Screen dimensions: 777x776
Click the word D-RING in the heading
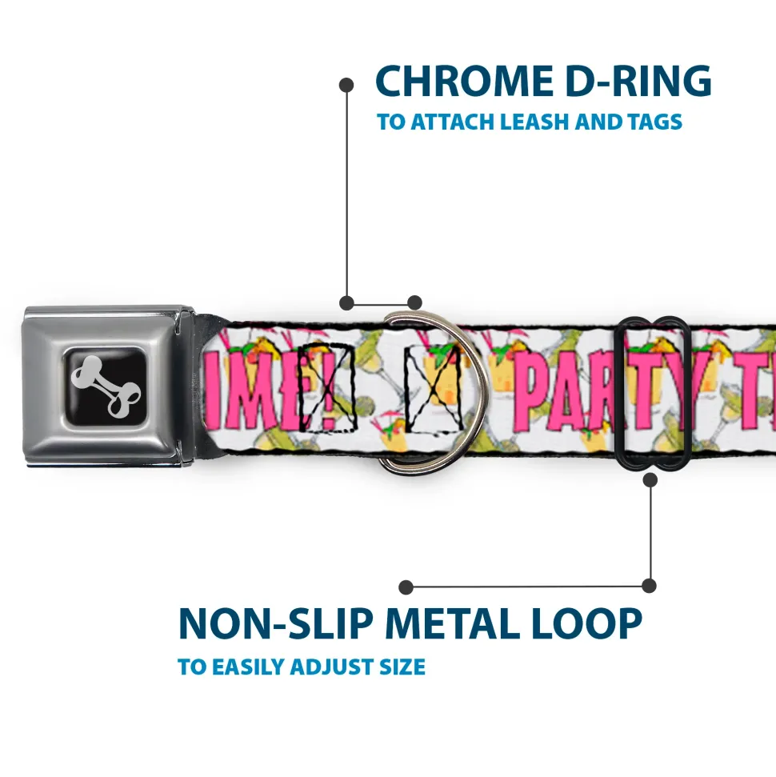[x=632, y=81]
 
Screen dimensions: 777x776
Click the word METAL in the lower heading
[x=467, y=624]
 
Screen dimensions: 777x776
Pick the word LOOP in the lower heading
[x=593, y=624]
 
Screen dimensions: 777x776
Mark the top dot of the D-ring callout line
[x=346, y=84]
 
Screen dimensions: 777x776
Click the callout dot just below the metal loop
[x=650, y=480]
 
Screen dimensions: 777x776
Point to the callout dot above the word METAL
[x=406, y=587]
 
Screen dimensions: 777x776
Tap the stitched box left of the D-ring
[x=326, y=386]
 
